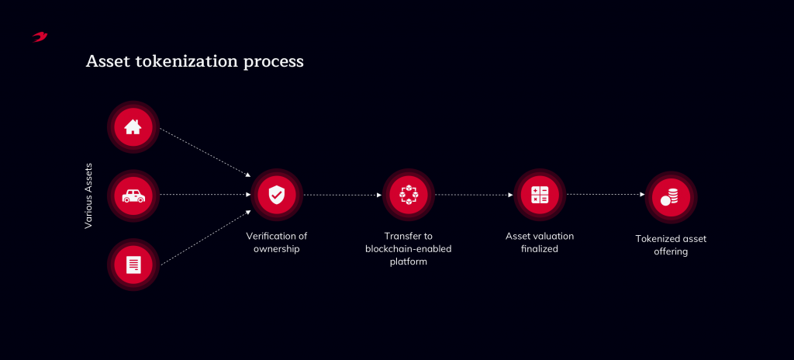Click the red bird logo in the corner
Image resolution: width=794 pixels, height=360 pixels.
click(40, 37)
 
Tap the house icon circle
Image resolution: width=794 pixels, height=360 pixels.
click(133, 126)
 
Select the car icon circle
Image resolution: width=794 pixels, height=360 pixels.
click(133, 196)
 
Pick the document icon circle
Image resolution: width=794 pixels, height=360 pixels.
click(133, 264)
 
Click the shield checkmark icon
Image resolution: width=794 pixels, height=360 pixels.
click(277, 195)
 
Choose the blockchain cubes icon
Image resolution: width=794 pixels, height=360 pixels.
click(408, 195)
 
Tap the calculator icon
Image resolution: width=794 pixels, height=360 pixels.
click(540, 195)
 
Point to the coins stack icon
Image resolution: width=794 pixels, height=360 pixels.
click(671, 197)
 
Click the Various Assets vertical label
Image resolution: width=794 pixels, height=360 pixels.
click(88, 196)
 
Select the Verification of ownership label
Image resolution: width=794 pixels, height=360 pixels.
click(277, 242)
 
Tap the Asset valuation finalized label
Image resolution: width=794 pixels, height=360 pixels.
click(540, 242)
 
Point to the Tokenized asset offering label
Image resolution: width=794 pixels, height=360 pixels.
click(671, 245)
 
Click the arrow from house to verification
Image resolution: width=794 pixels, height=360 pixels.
click(205, 152)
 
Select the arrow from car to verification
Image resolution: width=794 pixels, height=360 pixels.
click(205, 194)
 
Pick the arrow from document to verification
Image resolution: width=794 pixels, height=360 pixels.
click(205, 237)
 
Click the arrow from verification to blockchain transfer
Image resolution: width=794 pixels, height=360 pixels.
click(342, 194)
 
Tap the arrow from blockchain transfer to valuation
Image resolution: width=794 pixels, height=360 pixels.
click(474, 194)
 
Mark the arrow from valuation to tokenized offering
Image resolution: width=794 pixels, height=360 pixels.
click(606, 194)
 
